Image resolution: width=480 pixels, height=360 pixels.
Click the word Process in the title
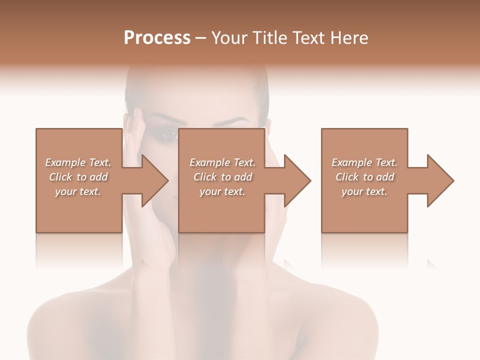tap(157, 38)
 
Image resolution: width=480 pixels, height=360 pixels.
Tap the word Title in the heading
tap(268, 38)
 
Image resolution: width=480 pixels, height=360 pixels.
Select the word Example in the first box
tap(65, 162)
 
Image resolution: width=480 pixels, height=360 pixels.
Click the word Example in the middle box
tap(209, 162)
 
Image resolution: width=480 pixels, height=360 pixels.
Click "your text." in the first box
tap(78, 191)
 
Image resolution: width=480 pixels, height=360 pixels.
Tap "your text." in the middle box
tap(222, 191)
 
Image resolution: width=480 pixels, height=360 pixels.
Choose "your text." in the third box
tap(364, 191)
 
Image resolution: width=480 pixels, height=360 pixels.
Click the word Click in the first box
tap(60, 177)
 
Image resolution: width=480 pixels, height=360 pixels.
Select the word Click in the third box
tap(347, 177)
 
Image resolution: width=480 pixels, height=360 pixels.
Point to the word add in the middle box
tap(243, 177)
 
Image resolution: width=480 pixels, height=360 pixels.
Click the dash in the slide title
tap(201, 38)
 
